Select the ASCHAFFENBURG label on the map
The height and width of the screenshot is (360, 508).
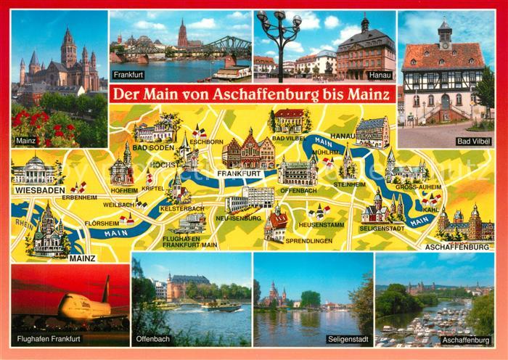[x=461, y=247]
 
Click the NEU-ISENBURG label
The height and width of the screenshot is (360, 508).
[x=242, y=218]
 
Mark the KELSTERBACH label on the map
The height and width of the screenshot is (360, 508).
[x=181, y=209]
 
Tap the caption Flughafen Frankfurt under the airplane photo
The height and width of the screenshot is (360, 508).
[x=48, y=339]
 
